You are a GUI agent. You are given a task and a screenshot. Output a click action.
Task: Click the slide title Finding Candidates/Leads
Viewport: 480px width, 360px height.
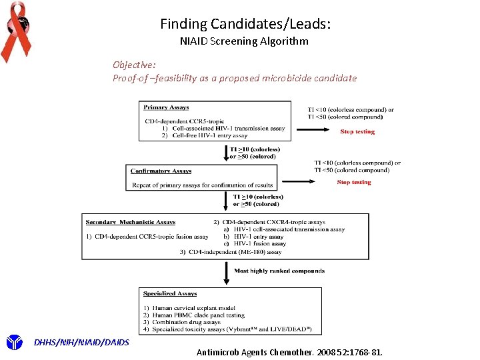click(245, 24)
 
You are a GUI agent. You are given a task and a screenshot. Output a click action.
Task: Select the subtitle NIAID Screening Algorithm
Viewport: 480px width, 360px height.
click(244, 41)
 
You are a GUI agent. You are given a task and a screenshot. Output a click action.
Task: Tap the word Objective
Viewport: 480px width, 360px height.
click(134, 65)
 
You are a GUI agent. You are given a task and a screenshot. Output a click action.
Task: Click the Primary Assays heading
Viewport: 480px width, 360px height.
click(166, 107)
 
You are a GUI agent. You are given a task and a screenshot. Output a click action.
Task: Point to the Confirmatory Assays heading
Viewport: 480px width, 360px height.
click(161, 171)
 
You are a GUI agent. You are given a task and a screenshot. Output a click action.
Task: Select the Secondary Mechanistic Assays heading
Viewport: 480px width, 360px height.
click(131, 221)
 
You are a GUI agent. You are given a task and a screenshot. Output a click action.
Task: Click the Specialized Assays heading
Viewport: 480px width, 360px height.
click(170, 293)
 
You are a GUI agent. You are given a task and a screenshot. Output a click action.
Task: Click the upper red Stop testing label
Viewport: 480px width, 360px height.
click(357, 132)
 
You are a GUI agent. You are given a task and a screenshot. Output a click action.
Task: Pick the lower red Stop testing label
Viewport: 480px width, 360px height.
click(353, 182)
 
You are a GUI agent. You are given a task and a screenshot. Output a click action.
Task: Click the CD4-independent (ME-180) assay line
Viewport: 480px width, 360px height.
click(231, 252)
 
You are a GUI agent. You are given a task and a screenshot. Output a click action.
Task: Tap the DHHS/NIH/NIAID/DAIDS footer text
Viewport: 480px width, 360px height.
click(81, 342)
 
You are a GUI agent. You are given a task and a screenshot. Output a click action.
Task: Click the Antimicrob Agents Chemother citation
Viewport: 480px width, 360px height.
click(290, 351)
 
